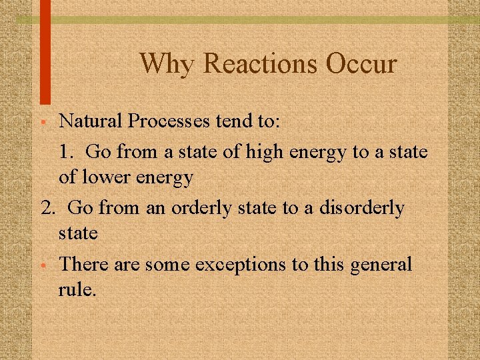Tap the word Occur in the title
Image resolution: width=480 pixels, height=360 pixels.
(361, 64)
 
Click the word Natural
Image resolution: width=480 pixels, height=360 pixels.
(91, 121)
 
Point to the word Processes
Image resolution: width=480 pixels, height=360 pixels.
(170, 121)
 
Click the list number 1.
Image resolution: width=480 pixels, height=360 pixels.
(64, 151)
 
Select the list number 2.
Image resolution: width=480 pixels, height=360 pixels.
(47, 208)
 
